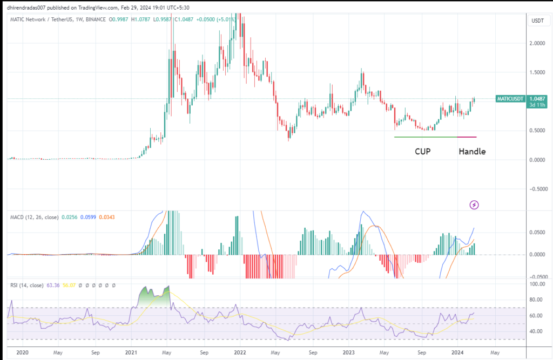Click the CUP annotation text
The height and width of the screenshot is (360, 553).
[x=422, y=152]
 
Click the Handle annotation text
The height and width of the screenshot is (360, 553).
[x=472, y=152]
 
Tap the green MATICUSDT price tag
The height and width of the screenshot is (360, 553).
[x=511, y=99]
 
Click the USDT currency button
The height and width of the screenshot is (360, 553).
[x=537, y=21]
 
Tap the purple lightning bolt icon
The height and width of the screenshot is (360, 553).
[x=474, y=205]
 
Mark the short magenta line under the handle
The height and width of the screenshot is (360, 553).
[x=467, y=137]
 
